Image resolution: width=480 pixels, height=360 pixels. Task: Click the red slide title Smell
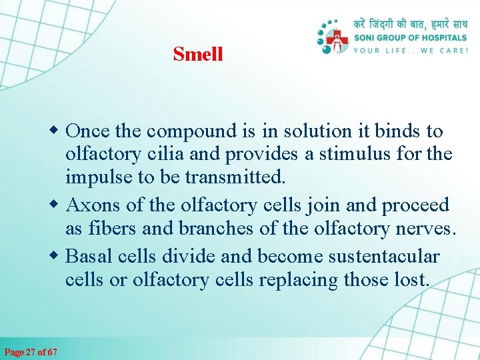[197, 54]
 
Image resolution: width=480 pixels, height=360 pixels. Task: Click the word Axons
[93, 205]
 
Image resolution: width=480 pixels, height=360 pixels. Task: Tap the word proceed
[415, 205]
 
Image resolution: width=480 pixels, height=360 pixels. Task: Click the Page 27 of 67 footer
[31, 351]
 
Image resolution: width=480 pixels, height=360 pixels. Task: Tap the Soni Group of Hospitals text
[411, 38]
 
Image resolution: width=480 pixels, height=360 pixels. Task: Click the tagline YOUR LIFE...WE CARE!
[411, 50]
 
